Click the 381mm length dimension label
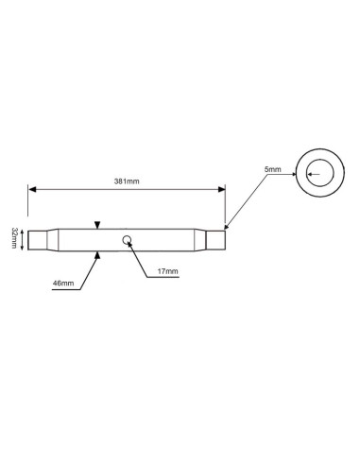click(x=126, y=180)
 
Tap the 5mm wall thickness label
click(x=273, y=169)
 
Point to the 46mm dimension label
click(x=63, y=284)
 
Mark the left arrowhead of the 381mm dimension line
click(x=32, y=189)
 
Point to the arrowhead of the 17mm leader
click(x=129, y=242)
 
